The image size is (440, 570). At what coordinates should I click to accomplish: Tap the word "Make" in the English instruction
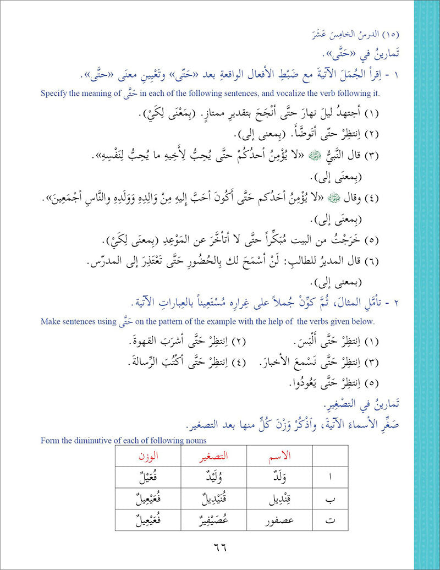pyautogui.click(x=51, y=321)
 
